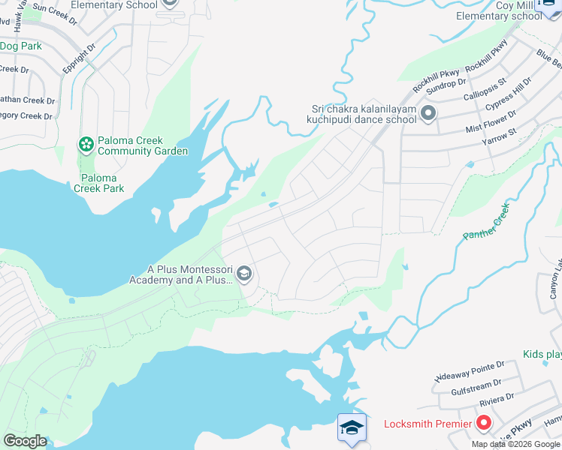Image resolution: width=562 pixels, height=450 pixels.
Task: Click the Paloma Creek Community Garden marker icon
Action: click(86, 143)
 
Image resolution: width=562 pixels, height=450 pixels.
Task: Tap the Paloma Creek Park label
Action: click(99, 183)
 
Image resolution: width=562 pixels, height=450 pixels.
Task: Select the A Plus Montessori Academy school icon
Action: click(243, 274)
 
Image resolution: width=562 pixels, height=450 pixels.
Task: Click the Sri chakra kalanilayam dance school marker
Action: click(428, 114)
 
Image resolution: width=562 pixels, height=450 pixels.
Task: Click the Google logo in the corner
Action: click(25, 441)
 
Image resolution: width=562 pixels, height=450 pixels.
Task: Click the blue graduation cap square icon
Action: click(352, 427)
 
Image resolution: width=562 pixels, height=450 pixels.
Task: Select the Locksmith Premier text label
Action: click(428, 424)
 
